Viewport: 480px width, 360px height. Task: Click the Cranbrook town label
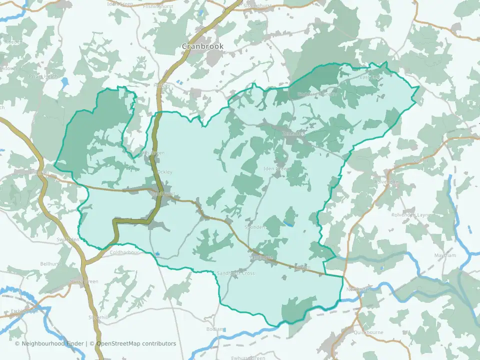tap(202, 46)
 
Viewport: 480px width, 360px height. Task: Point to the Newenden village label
tap(359, 289)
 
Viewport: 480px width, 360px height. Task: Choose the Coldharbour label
tap(124, 252)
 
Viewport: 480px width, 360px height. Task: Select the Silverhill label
tap(97, 317)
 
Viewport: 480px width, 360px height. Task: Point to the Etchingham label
tap(23, 311)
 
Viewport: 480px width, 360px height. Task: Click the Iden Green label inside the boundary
tap(276, 169)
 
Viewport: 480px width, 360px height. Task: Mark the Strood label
tap(420, 161)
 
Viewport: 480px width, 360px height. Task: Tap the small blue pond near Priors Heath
tap(63, 81)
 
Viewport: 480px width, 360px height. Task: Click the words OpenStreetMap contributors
tap(136, 343)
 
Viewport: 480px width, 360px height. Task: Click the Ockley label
tap(164, 172)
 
